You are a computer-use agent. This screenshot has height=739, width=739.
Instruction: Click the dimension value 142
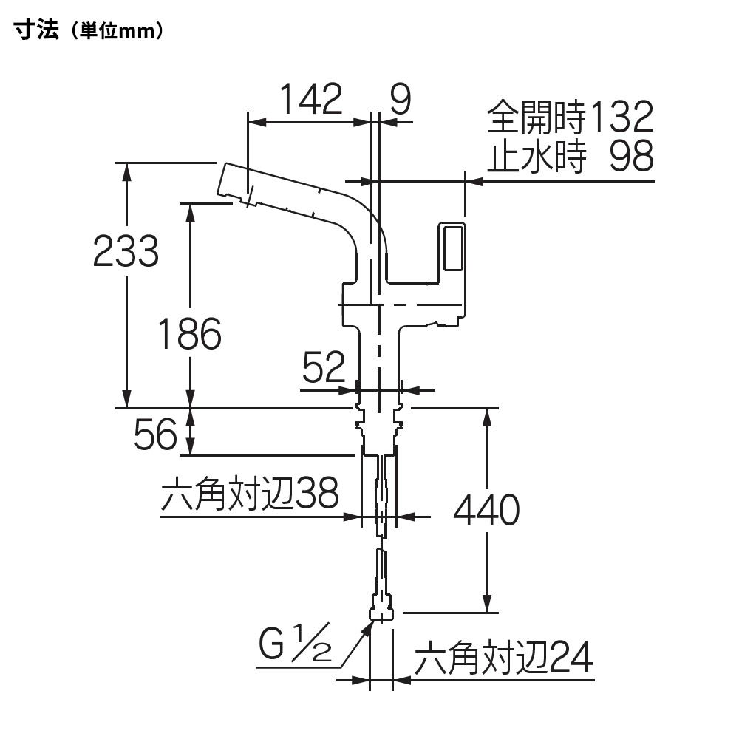pyautogui.click(x=311, y=99)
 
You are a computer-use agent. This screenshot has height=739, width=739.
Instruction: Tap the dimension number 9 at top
pyautogui.click(x=401, y=99)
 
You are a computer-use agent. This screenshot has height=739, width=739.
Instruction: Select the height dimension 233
pyautogui.click(x=126, y=251)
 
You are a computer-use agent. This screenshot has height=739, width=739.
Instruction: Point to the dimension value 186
pyautogui.click(x=189, y=334)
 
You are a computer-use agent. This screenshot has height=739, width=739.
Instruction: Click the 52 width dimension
pyautogui.click(x=324, y=367)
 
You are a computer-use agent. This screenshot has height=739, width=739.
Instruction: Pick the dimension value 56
pyautogui.click(x=155, y=434)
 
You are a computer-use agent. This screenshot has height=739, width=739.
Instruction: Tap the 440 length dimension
pyautogui.click(x=486, y=510)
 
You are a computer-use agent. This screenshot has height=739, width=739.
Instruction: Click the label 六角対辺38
pyautogui.click(x=250, y=494)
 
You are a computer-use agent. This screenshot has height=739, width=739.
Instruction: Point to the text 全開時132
pyautogui.click(x=571, y=116)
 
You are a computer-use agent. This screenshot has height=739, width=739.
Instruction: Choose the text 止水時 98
pyautogui.click(x=571, y=155)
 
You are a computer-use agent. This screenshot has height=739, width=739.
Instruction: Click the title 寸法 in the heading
pyautogui.click(x=36, y=30)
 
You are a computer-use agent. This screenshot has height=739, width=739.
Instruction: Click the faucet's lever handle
pyautogui.click(x=452, y=248)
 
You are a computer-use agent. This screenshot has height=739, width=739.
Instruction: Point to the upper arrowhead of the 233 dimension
pyautogui.click(x=126, y=171)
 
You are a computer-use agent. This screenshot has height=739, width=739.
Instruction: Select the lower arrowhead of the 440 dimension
pyautogui.click(x=487, y=604)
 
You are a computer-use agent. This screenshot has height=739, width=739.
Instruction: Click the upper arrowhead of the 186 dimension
pyautogui.click(x=190, y=211)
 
